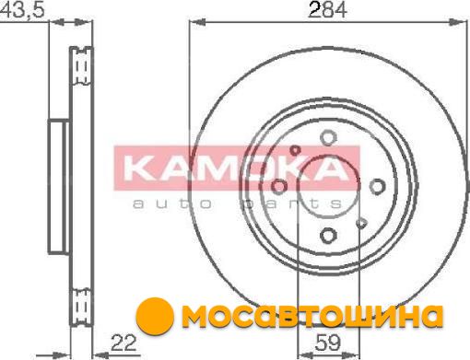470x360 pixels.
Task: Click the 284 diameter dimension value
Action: coord(327,10)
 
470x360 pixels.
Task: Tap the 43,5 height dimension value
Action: coord(22,9)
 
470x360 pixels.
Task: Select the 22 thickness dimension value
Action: coord(123,343)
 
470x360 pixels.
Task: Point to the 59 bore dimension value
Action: coord(328,343)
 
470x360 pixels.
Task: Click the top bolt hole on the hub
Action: coord(328,138)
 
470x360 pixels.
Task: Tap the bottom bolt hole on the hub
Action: coord(328,236)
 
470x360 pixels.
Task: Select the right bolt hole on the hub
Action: coord(377,187)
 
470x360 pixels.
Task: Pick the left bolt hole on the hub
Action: coord(279,187)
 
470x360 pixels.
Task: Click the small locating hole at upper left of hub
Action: coord(295,150)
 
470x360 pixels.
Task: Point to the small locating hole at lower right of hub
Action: coord(361,223)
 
